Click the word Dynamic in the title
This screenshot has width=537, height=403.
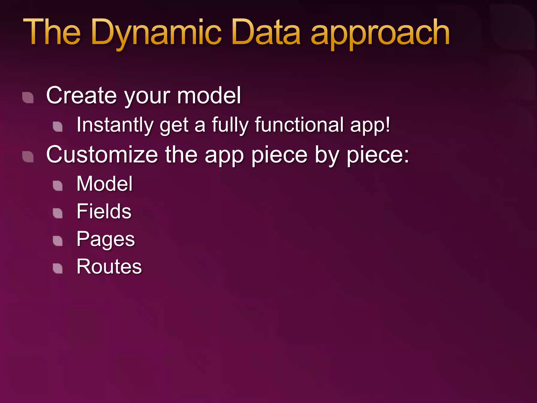156,33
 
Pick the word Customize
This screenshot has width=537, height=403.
102,155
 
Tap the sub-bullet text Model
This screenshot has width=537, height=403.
105,184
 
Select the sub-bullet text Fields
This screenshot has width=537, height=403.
104,211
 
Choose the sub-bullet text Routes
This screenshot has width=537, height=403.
109,267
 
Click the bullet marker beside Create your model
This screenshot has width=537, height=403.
28,98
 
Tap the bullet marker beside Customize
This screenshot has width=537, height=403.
28,157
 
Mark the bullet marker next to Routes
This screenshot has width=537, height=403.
58,268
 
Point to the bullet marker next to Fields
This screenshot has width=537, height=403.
58,213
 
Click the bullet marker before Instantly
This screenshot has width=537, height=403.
58,127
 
